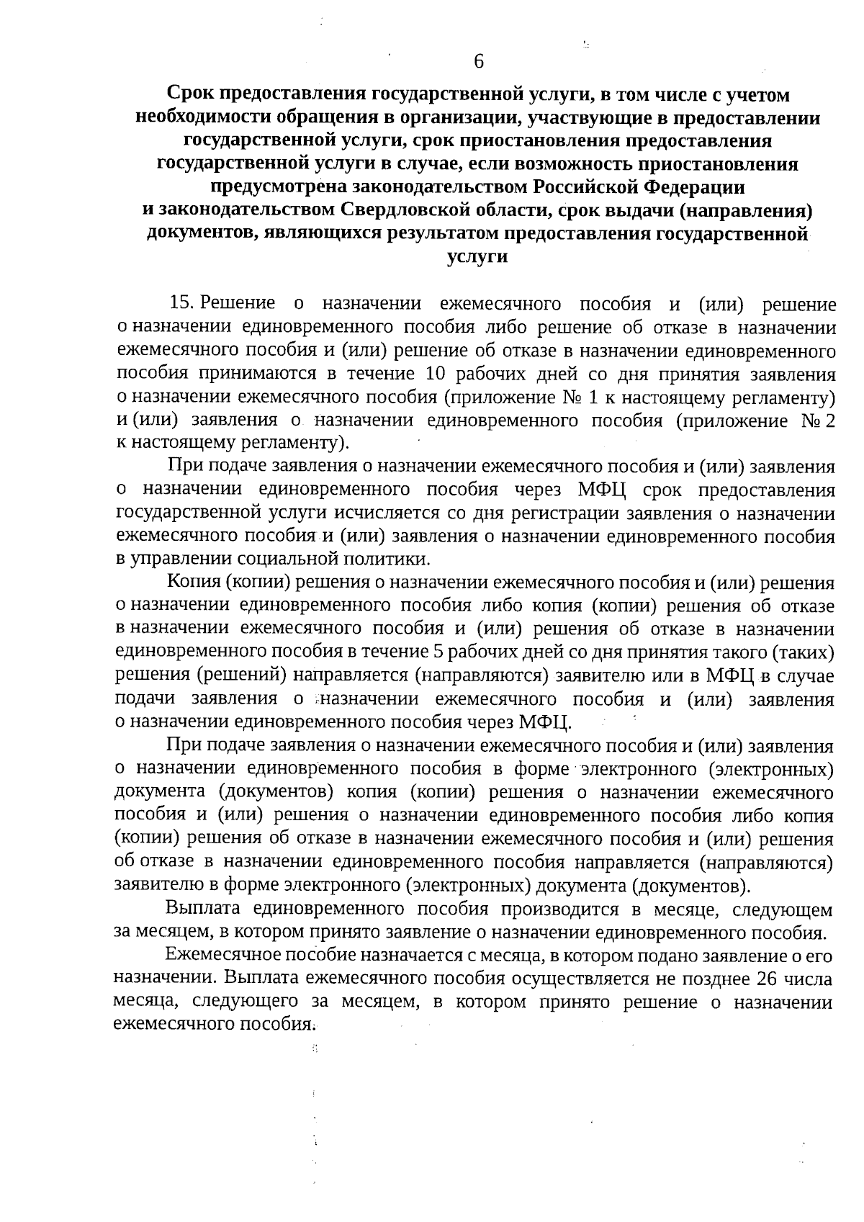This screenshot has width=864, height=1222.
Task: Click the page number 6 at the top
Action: tap(479, 61)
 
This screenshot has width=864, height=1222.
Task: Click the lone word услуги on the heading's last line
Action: tap(477, 256)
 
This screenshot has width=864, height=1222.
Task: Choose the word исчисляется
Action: tap(376, 513)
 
